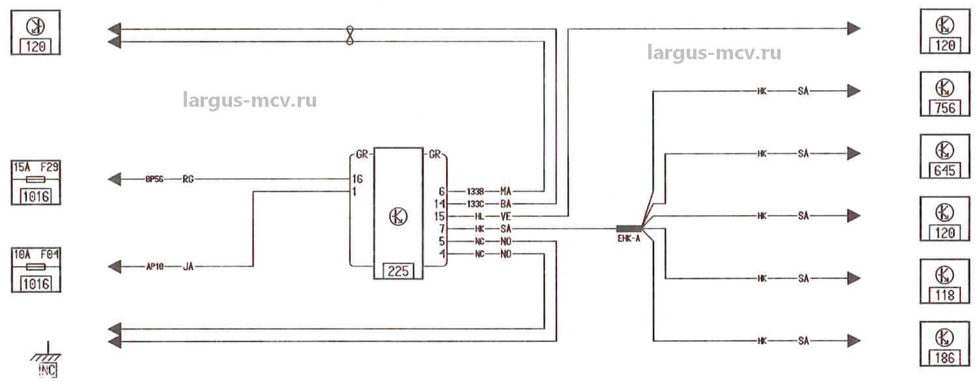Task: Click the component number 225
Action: tap(397, 271)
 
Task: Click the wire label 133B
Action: tap(475, 191)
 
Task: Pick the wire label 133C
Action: tap(475, 203)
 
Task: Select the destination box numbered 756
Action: tap(944, 95)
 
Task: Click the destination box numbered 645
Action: tap(944, 156)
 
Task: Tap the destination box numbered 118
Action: tap(944, 281)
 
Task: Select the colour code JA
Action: tap(188, 266)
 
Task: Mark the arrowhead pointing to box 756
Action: tap(854, 91)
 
